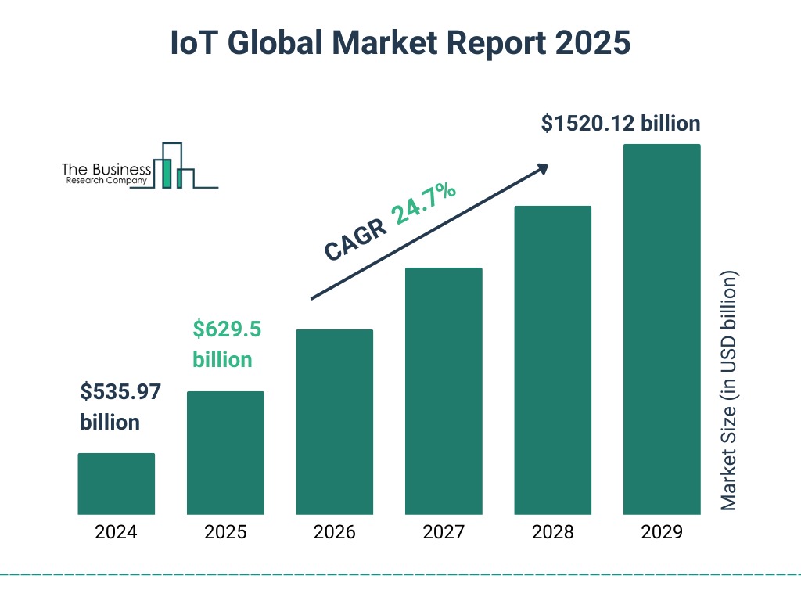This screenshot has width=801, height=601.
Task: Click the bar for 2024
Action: pyautogui.click(x=116, y=484)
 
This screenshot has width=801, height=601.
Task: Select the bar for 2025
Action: pyautogui.click(x=225, y=452)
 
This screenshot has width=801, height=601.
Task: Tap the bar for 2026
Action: pyautogui.click(x=334, y=422)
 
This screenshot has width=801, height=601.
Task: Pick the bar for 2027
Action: pyautogui.click(x=444, y=391)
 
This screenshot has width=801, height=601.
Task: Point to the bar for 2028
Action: pyautogui.click(x=552, y=360)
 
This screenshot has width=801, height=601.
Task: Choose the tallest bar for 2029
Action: pyautogui.click(x=662, y=329)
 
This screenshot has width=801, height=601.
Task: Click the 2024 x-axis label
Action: pyautogui.click(x=116, y=533)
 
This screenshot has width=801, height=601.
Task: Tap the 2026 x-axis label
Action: pyautogui.click(x=334, y=533)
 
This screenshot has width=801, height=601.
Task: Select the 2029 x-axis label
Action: pyautogui.click(x=662, y=533)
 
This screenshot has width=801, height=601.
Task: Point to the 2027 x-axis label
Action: pyautogui.click(x=444, y=533)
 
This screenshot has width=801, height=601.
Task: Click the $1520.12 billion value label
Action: pyautogui.click(x=620, y=124)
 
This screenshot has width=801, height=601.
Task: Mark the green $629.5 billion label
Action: pyautogui.click(x=227, y=344)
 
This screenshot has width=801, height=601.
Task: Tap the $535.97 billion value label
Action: pyautogui.click(x=120, y=406)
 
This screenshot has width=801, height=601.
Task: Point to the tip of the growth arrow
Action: pyautogui.click(x=547, y=166)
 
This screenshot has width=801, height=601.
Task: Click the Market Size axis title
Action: pyautogui.click(x=729, y=391)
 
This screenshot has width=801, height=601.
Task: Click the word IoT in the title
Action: pyautogui.click(x=193, y=44)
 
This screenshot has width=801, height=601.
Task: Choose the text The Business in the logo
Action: pyautogui.click(x=106, y=169)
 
